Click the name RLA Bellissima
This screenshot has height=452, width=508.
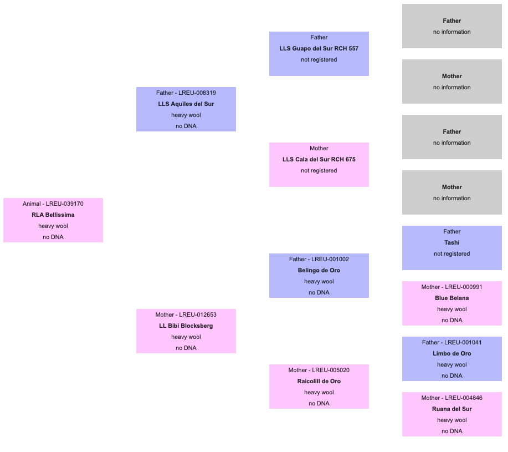[53, 215]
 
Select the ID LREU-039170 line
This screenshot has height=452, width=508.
[53, 204]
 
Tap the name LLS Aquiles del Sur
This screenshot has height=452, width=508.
[186, 104]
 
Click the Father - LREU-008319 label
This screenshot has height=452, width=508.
[186, 93]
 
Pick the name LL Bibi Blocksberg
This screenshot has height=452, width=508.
[186, 326]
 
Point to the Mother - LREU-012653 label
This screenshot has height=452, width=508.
[186, 315]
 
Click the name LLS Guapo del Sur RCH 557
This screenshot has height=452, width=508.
[319, 49]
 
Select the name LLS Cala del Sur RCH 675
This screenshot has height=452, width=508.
[319, 160]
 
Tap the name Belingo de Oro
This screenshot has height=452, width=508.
[319, 271]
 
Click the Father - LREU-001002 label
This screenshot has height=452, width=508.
[319, 260]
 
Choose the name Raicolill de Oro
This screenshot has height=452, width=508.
[319, 382]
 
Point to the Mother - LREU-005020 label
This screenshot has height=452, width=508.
[319, 370]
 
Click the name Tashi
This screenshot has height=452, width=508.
[452, 242]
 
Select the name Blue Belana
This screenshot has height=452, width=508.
[452, 298]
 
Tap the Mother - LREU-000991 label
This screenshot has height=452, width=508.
[452, 287]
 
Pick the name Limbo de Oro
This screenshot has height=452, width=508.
[452, 353]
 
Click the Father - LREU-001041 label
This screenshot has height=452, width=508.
[452, 342]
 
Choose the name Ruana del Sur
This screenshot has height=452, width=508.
[452, 409]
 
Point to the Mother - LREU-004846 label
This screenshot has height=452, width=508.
[452, 398]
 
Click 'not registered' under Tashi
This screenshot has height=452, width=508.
[452, 254]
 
